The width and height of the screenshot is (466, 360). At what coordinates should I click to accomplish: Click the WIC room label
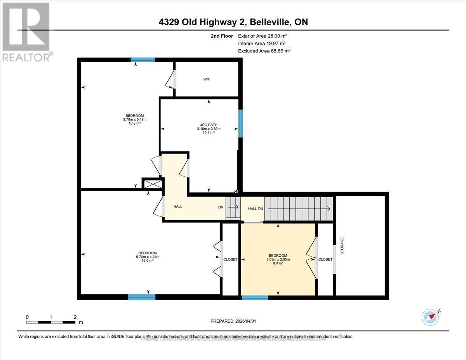coord(207,79)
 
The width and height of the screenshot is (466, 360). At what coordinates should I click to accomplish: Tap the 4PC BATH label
coord(205,125)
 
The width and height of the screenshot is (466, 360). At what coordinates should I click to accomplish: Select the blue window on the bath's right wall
coord(240,123)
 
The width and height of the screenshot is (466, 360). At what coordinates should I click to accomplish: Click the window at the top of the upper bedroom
coord(143,60)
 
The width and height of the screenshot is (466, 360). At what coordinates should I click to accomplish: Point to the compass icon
coord(430,317)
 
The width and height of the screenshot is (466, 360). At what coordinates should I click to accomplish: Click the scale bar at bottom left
coord(51,322)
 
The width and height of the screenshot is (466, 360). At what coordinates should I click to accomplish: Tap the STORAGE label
coord(342,245)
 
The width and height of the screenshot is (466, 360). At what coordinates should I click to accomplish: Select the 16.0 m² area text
coord(146,261)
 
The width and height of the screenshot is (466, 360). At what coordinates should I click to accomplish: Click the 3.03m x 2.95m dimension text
coord(278,259)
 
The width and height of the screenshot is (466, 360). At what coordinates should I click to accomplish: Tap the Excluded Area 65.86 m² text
coord(264,51)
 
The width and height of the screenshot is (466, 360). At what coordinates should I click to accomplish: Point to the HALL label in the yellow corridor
coord(178,207)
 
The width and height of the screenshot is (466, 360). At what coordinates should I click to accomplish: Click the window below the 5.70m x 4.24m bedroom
coord(142,297)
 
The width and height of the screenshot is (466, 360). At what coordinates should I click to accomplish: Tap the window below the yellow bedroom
coord(255,297)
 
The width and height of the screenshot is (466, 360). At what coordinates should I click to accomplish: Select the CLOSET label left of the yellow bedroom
coord(230,259)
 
